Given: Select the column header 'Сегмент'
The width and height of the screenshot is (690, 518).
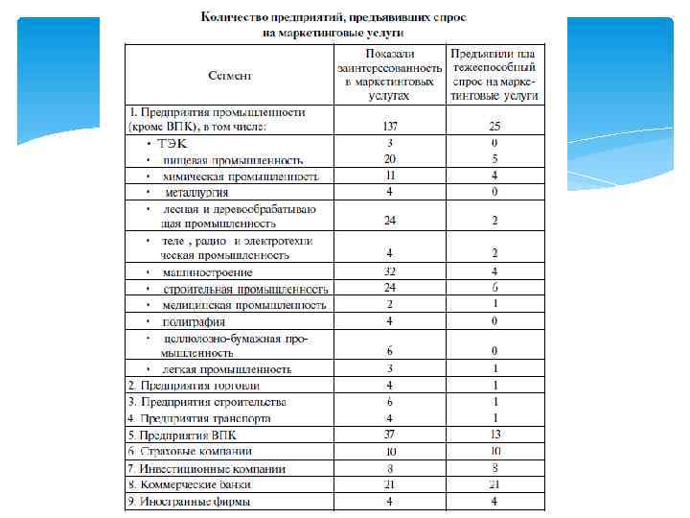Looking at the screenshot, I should pyautogui.click(x=231, y=75).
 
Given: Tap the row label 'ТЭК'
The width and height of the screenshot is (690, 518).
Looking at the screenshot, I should pyautogui.click(x=173, y=143).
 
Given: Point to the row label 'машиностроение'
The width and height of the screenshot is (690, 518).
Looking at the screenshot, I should pyautogui.click(x=208, y=272).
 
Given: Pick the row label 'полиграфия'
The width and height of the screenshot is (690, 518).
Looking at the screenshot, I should pyautogui.click(x=194, y=320).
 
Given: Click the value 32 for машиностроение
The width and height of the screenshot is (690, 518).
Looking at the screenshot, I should pyautogui.click(x=390, y=271).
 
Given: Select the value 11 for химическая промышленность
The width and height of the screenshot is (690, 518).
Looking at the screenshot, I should pyautogui.click(x=390, y=176).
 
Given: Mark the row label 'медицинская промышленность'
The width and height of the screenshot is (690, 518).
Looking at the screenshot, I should pyautogui.click(x=244, y=305).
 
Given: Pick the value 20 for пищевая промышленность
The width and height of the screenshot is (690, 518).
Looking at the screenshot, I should pyautogui.click(x=390, y=159).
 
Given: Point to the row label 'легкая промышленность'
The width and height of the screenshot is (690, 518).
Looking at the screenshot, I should pyautogui.click(x=226, y=368).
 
